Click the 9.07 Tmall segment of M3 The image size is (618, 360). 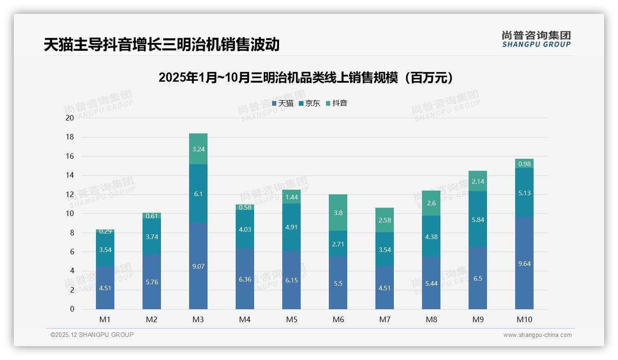pyautogui.click(x=198, y=266)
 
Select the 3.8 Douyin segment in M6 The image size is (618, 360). pyautogui.click(x=338, y=213)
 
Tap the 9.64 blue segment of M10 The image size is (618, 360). pyautogui.click(x=524, y=263)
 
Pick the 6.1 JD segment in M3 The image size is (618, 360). pyautogui.click(x=198, y=194)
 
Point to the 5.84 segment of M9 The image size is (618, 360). pyautogui.click(x=478, y=219)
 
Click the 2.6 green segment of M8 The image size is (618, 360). pyautogui.click(x=431, y=203)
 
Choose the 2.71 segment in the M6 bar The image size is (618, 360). pyautogui.click(x=338, y=244)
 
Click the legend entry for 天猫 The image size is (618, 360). pyautogui.click(x=283, y=103)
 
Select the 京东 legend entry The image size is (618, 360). pyautogui.click(x=309, y=103)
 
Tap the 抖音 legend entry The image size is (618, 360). pyautogui.click(x=337, y=103)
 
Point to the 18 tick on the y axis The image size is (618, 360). pyautogui.click(x=70, y=137)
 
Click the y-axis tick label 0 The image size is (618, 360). pyautogui.click(x=72, y=309)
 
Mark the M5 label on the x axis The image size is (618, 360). pyautogui.click(x=291, y=319)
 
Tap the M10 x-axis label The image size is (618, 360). pyautogui.click(x=524, y=319)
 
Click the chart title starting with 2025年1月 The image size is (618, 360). pyautogui.click(x=305, y=78)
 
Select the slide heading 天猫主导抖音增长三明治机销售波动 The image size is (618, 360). pyautogui.click(x=161, y=44)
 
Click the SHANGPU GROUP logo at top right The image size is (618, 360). pyautogui.click(x=536, y=39)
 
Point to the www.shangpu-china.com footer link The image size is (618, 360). pyautogui.click(x=537, y=335)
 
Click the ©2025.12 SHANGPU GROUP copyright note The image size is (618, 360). pyautogui.click(x=92, y=335)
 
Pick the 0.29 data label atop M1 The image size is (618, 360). pyautogui.click(x=105, y=231)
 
